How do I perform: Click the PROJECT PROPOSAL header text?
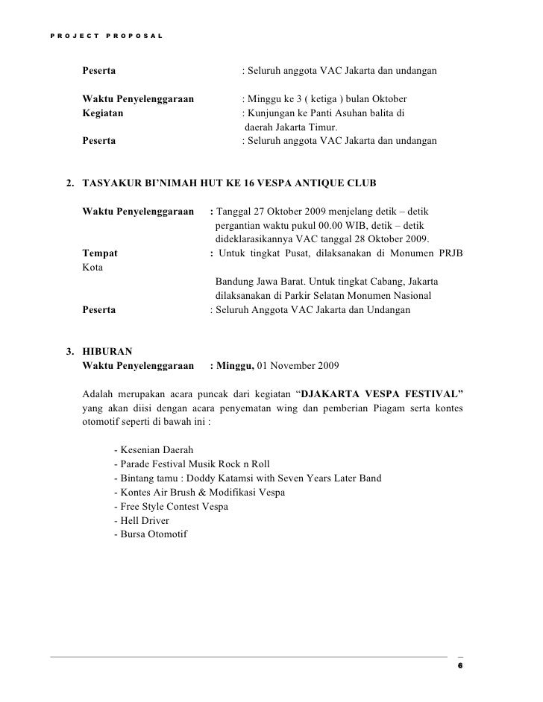point(102,36)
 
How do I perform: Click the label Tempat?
point(99,253)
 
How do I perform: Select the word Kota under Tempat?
point(92,267)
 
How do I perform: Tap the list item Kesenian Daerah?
point(154,451)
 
